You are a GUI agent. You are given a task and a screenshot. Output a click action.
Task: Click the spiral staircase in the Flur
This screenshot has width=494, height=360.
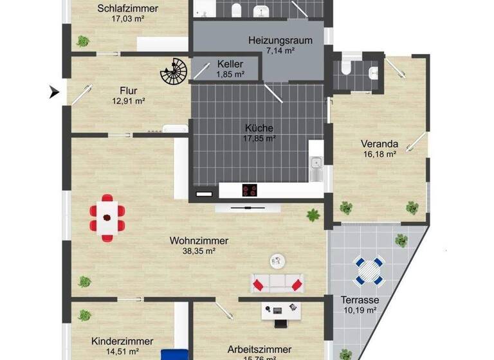point(172,73)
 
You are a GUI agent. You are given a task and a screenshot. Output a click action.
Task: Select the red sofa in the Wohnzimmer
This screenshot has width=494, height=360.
point(277,283)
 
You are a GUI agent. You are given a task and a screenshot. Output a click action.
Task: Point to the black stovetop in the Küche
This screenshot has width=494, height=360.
point(250,190)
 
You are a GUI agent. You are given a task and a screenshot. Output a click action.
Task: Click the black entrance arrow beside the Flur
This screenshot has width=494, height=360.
point(55,93)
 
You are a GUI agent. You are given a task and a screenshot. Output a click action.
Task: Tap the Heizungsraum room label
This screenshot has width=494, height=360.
point(280,40)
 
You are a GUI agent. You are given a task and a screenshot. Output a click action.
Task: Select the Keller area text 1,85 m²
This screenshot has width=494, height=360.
point(230,74)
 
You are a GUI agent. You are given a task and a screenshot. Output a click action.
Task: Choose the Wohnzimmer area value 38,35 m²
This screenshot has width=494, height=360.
point(199,251)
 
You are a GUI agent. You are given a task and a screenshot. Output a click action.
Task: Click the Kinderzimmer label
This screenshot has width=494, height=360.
point(122,341)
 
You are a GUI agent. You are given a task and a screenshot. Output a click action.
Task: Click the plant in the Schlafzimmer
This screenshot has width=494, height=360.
point(83,41)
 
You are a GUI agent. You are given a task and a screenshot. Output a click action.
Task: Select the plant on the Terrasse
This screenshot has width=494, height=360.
point(401,240)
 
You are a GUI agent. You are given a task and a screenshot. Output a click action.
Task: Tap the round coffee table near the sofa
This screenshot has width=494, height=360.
point(278,260)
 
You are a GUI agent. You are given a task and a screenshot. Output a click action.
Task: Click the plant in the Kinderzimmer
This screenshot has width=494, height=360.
point(84,315)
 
